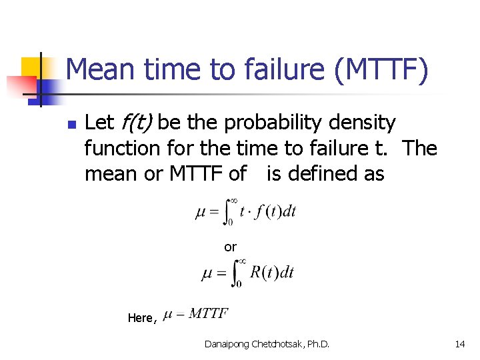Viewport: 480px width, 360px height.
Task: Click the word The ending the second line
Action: tap(419, 148)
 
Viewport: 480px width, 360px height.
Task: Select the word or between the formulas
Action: tap(230, 247)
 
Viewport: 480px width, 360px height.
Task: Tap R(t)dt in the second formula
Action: tap(271, 272)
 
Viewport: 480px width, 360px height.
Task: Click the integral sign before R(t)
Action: tap(237, 272)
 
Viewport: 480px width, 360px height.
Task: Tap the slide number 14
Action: tap(459, 344)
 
